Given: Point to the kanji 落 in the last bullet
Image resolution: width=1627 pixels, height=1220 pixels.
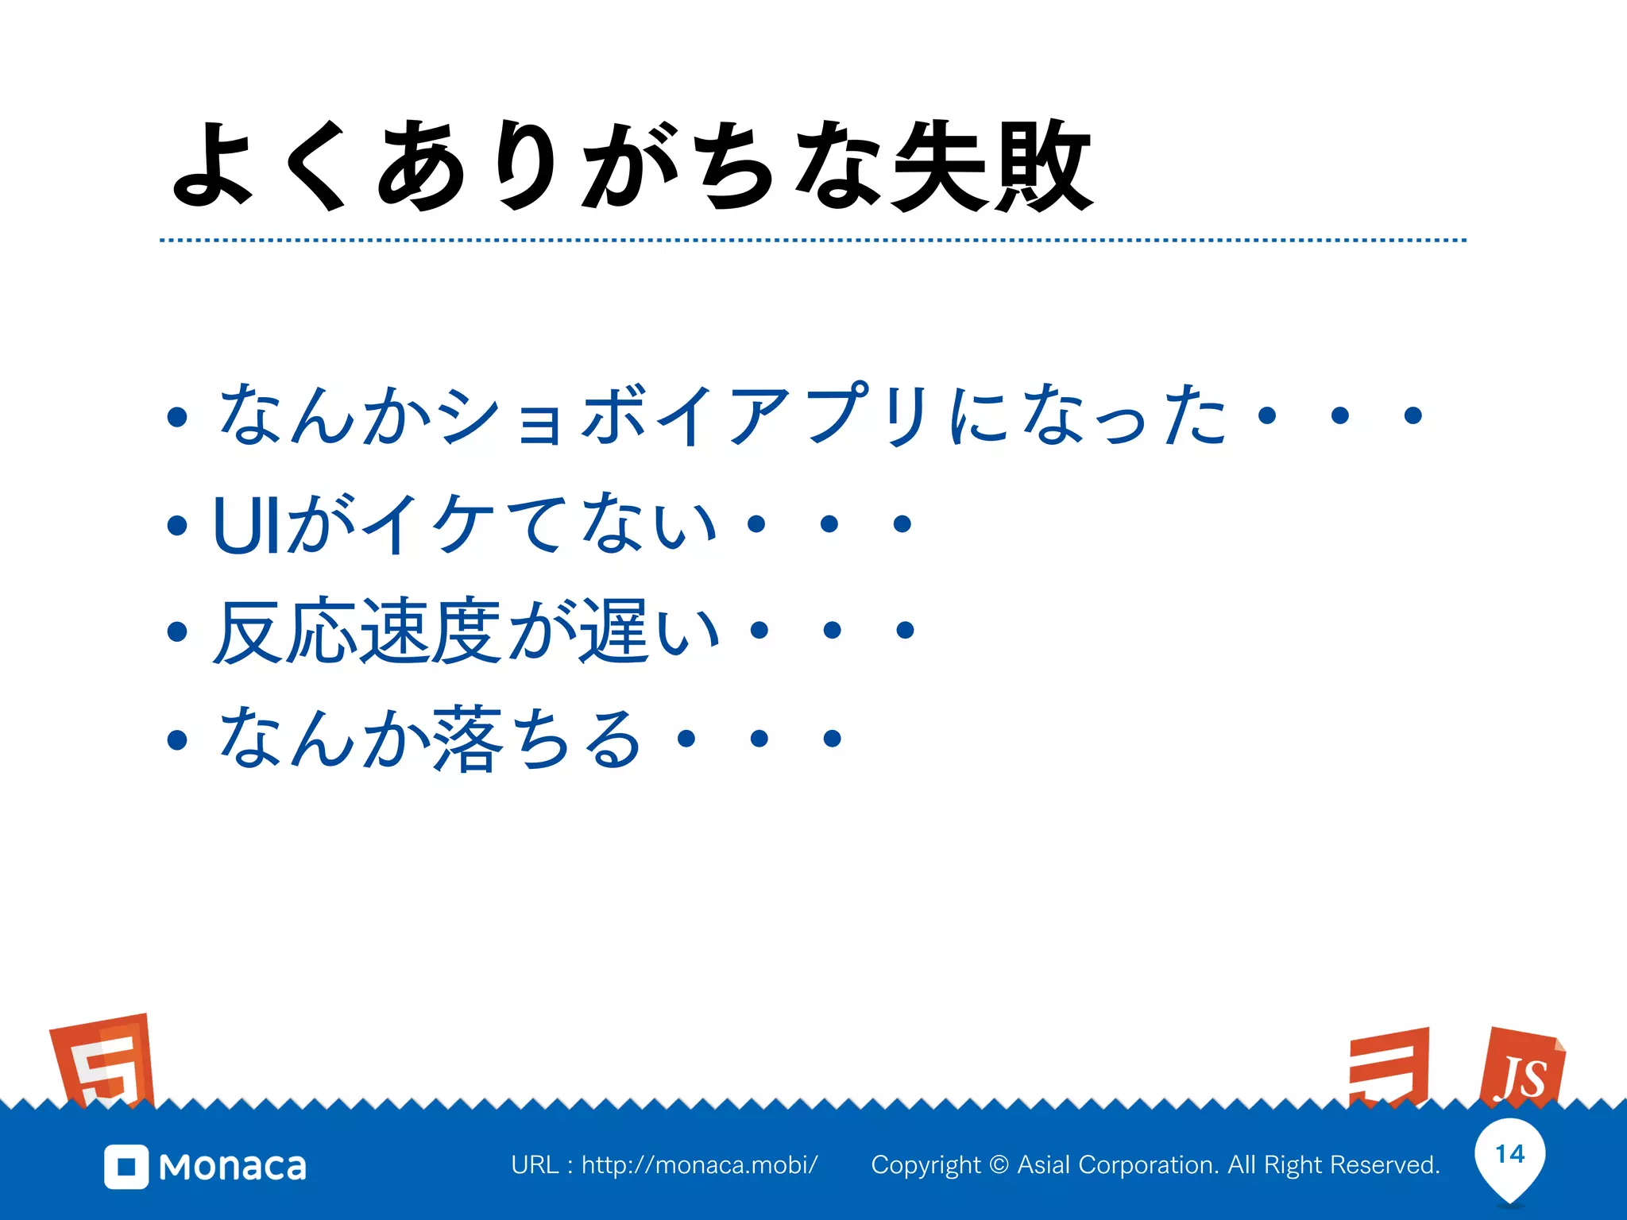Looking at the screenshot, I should click(x=468, y=739).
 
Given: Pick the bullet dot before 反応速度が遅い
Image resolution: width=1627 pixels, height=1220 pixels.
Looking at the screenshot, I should click(x=177, y=631).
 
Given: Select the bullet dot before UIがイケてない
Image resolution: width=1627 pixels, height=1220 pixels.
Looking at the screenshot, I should click(x=177, y=524).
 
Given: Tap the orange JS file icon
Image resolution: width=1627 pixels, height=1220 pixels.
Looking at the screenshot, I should click(x=1521, y=1068).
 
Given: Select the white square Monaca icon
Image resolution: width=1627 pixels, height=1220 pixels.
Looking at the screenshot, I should click(x=126, y=1167).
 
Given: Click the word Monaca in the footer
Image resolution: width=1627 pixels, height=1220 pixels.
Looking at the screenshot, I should click(x=233, y=1167).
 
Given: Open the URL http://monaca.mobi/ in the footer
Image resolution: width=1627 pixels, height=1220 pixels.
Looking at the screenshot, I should click(x=699, y=1165).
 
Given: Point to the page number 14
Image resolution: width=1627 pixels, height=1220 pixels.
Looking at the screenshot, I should click(x=1509, y=1154).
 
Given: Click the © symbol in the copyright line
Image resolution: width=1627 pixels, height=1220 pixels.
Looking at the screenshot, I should click(x=999, y=1165).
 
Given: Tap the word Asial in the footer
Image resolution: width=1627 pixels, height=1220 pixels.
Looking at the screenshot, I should click(x=1044, y=1165).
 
